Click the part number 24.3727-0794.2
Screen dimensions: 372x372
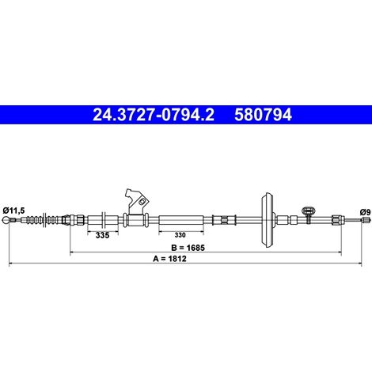(154, 115)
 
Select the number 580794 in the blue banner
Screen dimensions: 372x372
(263, 115)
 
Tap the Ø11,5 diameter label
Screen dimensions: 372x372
(13, 211)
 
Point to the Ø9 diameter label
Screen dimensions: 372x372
(365, 212)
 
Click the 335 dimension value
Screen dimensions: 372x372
(102, 235)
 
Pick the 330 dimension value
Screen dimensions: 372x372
(180, 235)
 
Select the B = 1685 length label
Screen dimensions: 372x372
(188, 248)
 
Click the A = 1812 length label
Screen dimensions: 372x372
(169, 259)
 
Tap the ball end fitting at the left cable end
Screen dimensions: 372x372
(6, 220)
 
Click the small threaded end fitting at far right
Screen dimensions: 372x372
(365, 220)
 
